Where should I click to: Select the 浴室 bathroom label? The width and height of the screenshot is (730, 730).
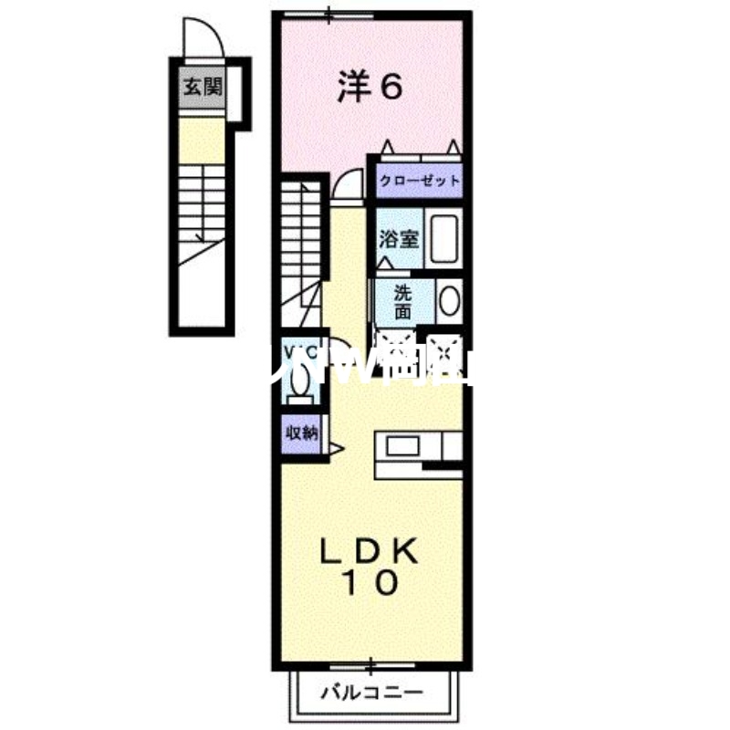pyautogui.click(x=399, y=239)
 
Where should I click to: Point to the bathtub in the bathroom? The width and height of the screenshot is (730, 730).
pyautogui.click(x=445, y=239)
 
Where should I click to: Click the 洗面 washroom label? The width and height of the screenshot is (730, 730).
pyautogui.click(x=402, y=302)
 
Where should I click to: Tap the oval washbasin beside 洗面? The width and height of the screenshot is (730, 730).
pyautogui.click(x=448, y=301)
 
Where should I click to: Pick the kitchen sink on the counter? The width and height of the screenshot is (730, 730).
pyautogui.click(x=401, y=446)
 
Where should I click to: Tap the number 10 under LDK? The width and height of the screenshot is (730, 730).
pyautogui.click(x=370, y=583)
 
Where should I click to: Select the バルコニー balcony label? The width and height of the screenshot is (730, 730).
pyautogui.click(x=371, y=693)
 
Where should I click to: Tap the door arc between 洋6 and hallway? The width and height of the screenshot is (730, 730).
pyautogui.click(x=345, y=186)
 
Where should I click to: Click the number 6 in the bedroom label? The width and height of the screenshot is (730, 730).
pyautogui.click(x=390, y=88)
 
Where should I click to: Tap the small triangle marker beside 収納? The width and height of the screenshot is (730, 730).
pyautogui.click(x=335, y=447)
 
